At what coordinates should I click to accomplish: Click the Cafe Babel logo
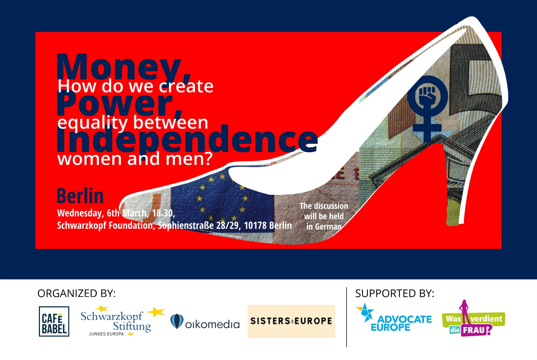click(54, 321)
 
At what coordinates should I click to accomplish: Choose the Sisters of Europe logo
click(291, 321)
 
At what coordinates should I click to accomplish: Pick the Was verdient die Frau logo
click(474, 318)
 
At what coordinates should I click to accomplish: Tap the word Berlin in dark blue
click(80, 196)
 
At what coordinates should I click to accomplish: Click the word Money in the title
click(118, 67)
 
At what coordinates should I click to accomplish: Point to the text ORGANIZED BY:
click(76, 293)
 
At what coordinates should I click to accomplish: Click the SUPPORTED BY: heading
click(395, 293)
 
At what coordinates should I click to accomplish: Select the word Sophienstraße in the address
click(186, 225)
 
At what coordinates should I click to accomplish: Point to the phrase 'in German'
click(324, 226)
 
